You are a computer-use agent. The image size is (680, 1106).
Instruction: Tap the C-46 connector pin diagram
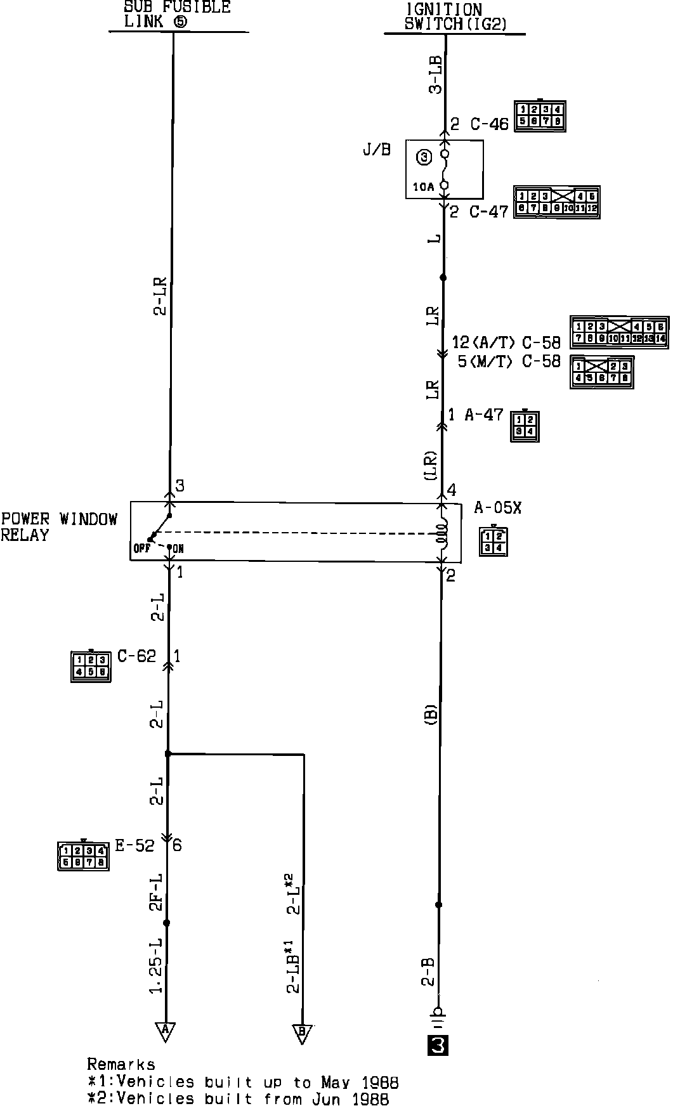point(540,115)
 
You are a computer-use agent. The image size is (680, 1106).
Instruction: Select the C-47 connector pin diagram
point(557,202)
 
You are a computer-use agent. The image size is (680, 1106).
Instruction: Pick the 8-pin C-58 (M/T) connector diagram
point(601,372)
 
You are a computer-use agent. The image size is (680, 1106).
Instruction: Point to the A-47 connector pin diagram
point(525,426)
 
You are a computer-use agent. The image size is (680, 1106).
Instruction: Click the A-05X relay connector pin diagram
point(494,541)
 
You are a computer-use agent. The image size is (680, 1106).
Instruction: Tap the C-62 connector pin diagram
point(91,666)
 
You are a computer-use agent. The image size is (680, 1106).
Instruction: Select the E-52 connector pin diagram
point(83,856)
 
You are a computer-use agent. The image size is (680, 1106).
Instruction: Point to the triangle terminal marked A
point(165,1030)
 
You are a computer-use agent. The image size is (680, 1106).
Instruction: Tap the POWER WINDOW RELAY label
point(59,527)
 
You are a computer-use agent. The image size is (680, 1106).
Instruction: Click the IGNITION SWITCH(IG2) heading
point(454,18)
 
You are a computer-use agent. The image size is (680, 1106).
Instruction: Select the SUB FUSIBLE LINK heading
point(177,14)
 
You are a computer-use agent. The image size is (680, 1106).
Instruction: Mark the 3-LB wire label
point(436,75)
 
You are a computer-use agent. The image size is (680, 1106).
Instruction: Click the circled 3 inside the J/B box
point(424,157)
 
